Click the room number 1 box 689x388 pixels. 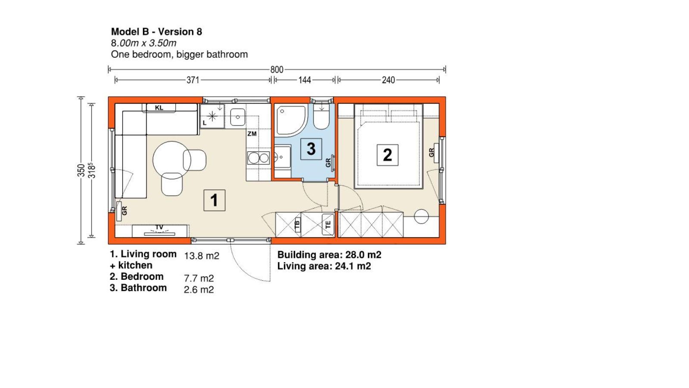click(x=214, y=200)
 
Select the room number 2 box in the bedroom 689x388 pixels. click(x=388, y=155)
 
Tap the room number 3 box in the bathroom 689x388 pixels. click(x=311, y=149)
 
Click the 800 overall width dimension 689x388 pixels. click(x=277, y=69)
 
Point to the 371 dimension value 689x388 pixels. click(x=193, y=80)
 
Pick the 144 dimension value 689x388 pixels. click(x=304, y=80)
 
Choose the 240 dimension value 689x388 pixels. click(x=388, y=80)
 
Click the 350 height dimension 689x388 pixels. click(x=81, y=170)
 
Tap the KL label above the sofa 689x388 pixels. click(x=159, y=108)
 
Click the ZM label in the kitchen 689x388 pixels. click(x=252, y=134)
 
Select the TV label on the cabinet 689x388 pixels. click(x=159, y=227)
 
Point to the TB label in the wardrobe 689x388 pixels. click(x=297, y=225)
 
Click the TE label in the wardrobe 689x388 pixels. click(x=328, y=225)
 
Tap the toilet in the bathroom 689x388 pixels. click(x=321, y=117)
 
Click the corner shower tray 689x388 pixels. click(x=291, y=120)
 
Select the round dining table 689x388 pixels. click(x=172, y=160)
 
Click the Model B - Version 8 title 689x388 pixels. click(x=157, y=32)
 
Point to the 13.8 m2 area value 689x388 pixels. click(x=202, y=256)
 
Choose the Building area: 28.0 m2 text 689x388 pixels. click(x=329, y=255)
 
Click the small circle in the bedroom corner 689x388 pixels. click(x=421, y=216)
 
